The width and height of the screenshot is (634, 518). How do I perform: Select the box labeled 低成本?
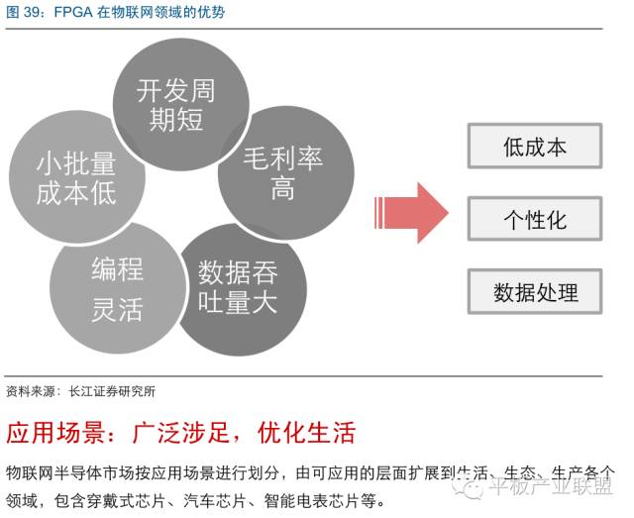click(534, 148)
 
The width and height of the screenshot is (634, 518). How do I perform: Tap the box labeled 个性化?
click(534, 219)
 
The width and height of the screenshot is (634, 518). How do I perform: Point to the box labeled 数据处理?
click(534, 291)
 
